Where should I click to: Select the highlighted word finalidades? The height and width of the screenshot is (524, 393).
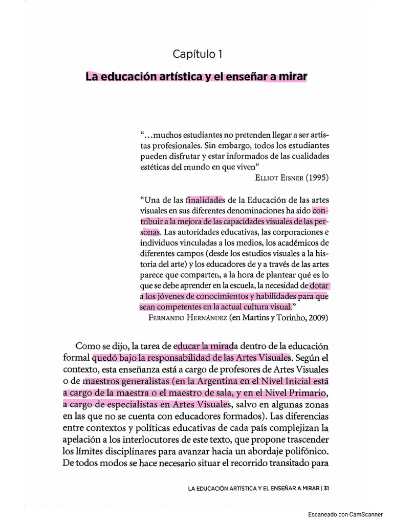(x=206, y=200)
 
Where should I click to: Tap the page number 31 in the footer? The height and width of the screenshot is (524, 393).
(x=326, y=487)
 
